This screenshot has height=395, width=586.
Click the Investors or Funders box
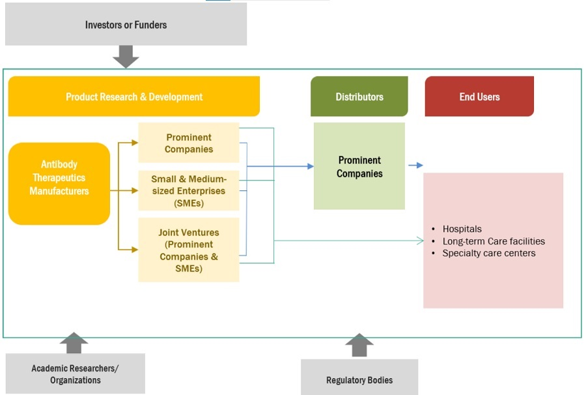click(x=126, y=25)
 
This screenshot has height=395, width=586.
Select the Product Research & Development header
click(x=133, y=96)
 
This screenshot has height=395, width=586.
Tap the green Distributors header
click(x=359, y=96)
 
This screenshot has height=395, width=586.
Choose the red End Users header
click(x=479, y=96)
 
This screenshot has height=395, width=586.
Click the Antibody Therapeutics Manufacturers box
click(x=59, y=178)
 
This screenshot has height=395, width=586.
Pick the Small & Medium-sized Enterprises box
click(x=189, y=191)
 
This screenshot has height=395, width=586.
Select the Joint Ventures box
click(x=189, y=250)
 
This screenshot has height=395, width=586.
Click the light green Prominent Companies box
click(x=359, y=166)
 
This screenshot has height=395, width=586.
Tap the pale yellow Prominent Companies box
click(x=189, y=143)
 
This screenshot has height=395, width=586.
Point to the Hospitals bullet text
click(x=462, y=229)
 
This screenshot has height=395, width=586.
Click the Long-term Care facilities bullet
click(x=493, y=241)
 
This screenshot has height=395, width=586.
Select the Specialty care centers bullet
click(x=488, y=253)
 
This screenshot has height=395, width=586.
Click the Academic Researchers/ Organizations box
click(x=75, y=374)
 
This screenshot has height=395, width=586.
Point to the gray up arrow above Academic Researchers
click(x=74, y=343)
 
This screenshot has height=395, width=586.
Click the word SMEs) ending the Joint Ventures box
click(x=188, y=269)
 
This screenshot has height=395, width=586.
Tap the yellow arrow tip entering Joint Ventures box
click(x=135, y=249)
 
